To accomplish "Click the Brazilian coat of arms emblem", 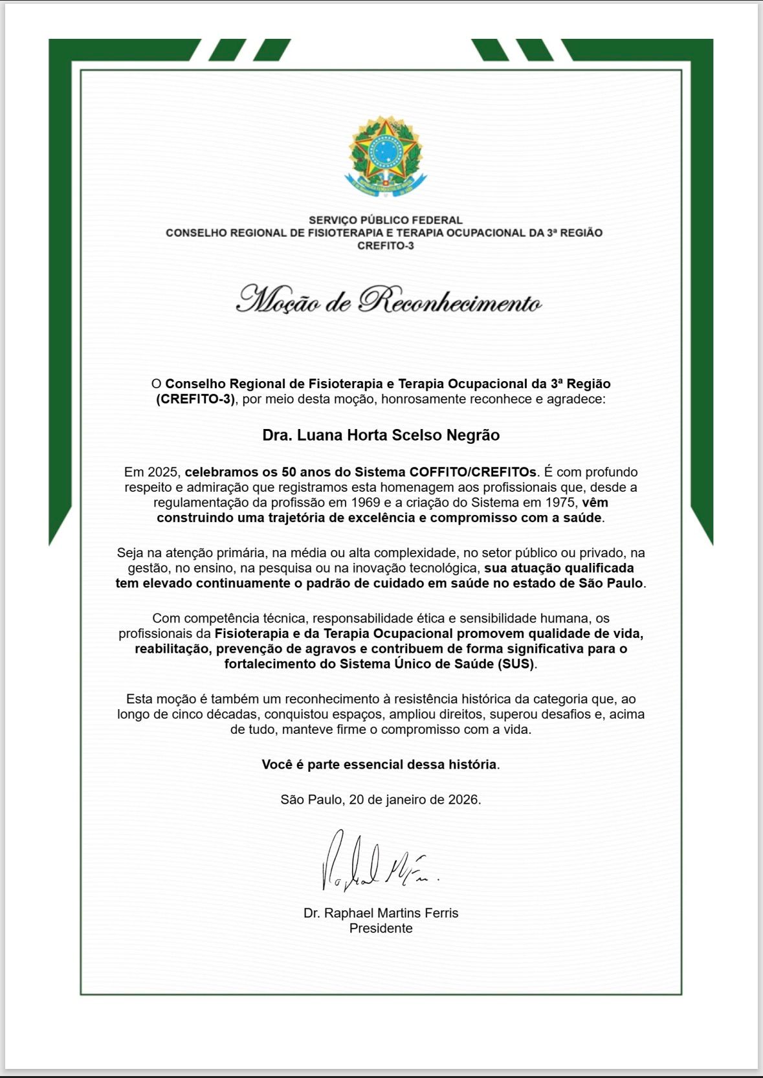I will (385, 155).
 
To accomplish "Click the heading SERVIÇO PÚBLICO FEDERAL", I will (385, 220).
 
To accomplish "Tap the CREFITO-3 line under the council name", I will (385, 246).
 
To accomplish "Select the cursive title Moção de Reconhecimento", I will (388, 300).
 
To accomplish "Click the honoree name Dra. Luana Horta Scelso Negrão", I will (381, 435).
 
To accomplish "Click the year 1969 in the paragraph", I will (365, 503).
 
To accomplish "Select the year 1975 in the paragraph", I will (560, 503).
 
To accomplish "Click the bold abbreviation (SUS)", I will (516, 664).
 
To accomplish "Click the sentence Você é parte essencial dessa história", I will (381, 764).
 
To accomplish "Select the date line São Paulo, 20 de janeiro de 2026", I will (381, 800).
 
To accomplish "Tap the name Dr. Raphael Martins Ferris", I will (381, 913).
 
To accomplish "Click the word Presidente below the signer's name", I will (381, 929).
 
